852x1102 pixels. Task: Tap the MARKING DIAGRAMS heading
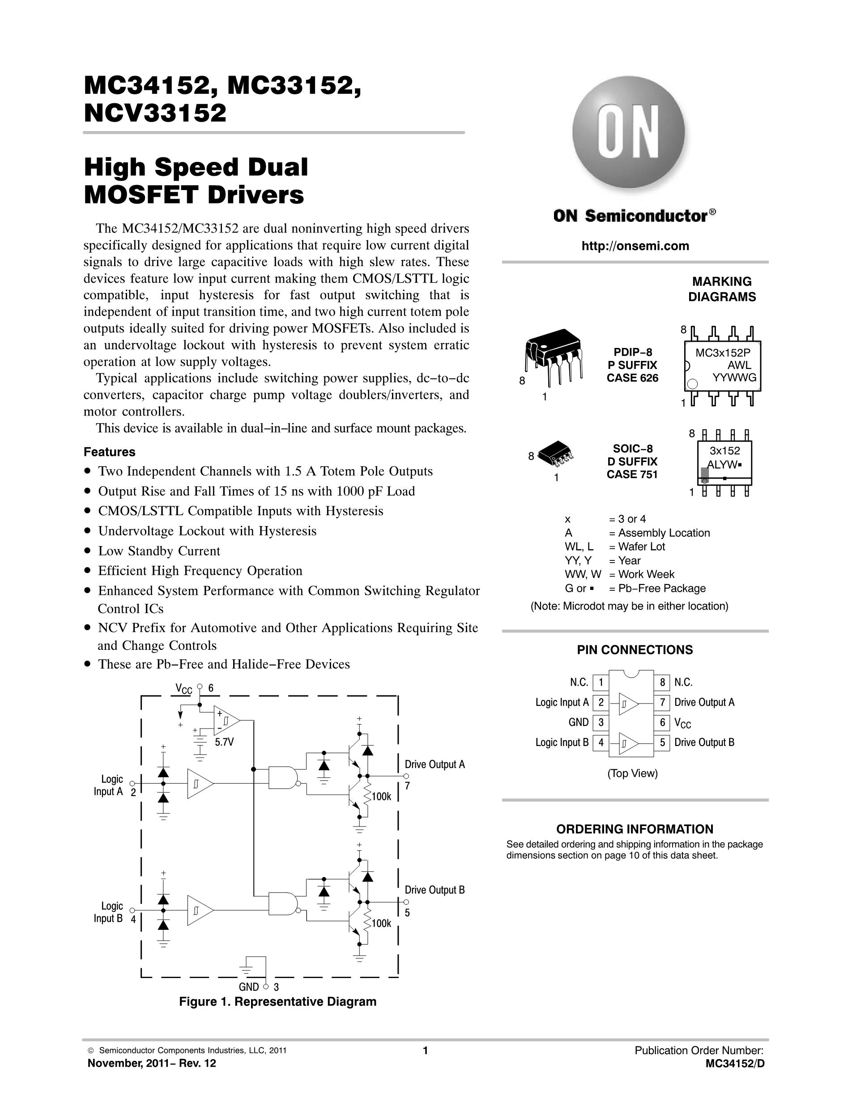tap(722, 289)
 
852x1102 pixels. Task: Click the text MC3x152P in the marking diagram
tap(723, 353)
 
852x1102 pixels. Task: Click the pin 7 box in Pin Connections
tap(662, 702)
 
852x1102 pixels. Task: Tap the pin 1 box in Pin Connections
tap(601, 682)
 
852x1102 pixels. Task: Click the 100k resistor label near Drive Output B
tap(382, 924)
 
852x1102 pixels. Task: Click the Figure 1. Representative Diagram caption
tap(277, 1001)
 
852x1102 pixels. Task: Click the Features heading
tap(110, 452)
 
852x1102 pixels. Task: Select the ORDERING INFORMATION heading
tap(635, 829)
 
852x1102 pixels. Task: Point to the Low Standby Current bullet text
tap(159, 551)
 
